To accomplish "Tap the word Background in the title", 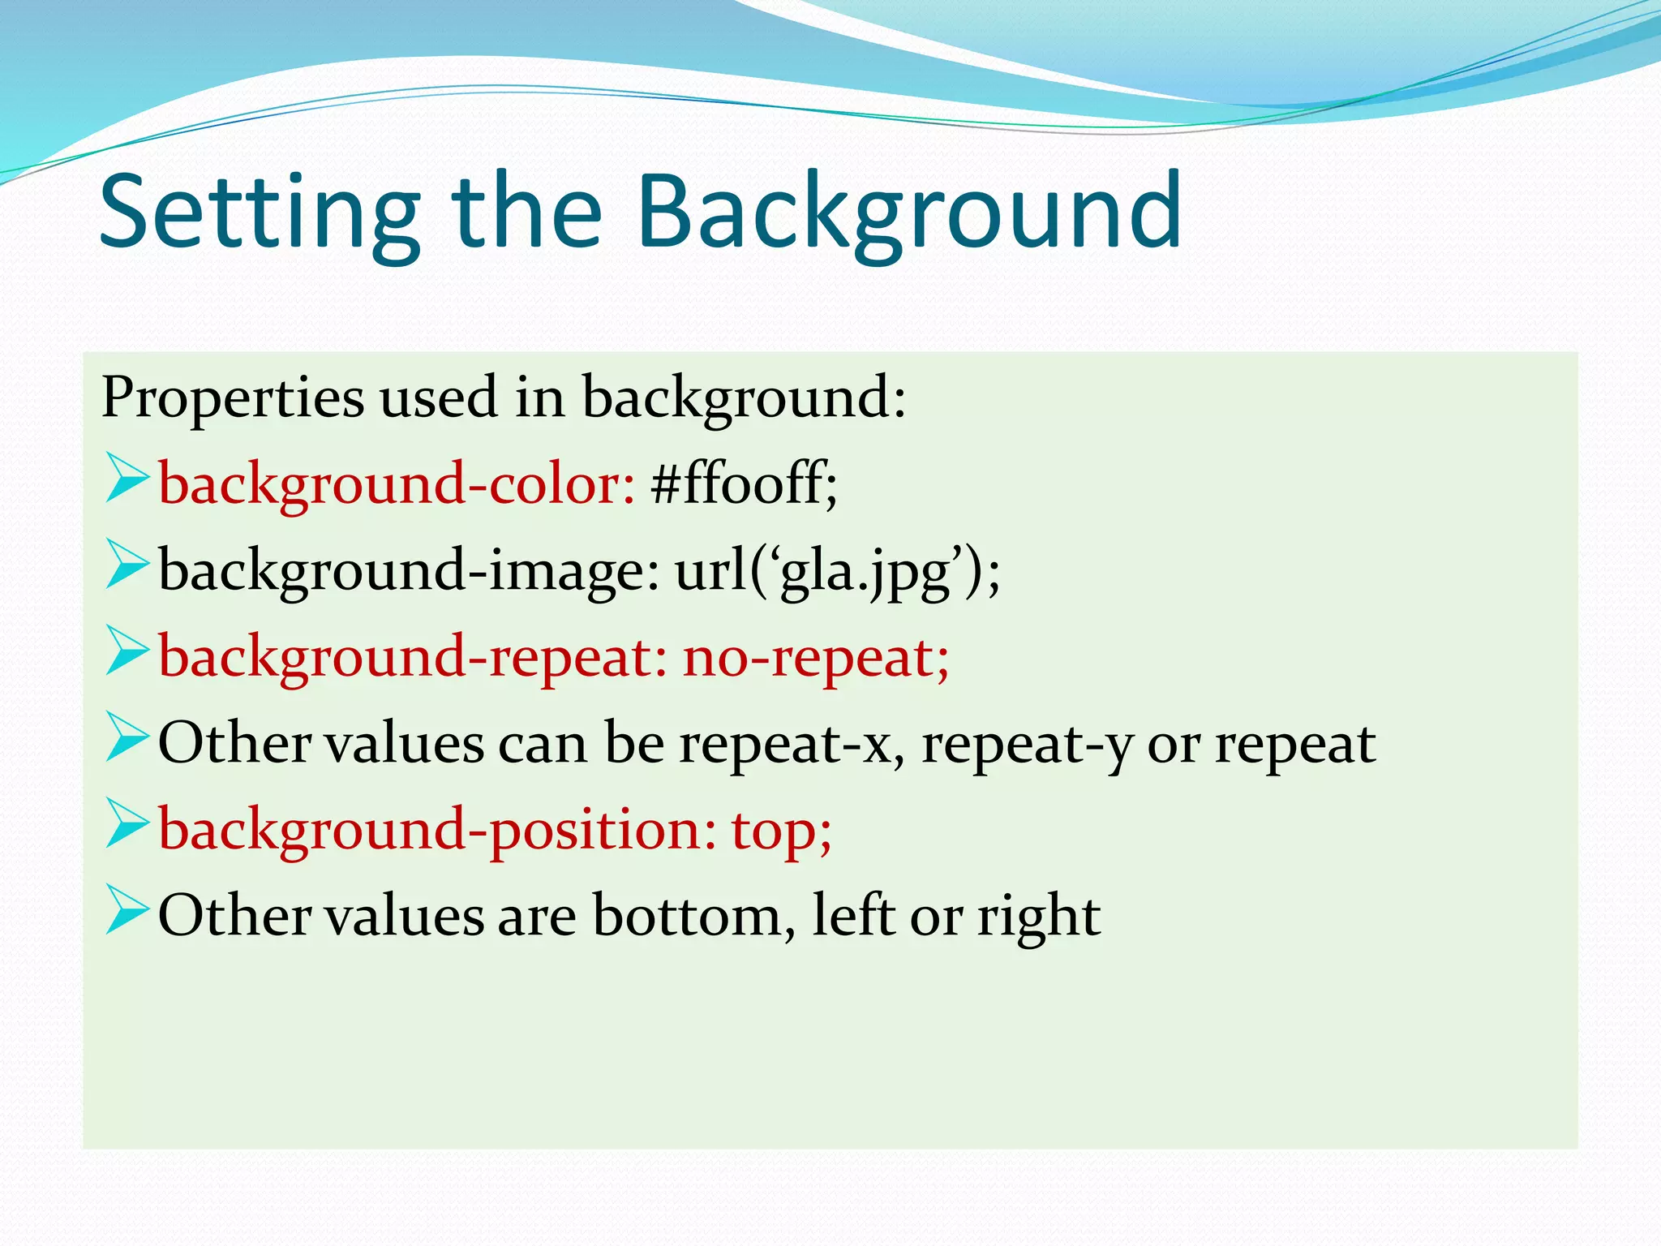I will (908, 213).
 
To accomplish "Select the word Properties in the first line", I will (233, 398).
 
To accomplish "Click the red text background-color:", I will (396, 485).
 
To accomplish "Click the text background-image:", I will (409, 571).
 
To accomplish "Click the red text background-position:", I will (437, 831).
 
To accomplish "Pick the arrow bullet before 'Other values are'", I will (127, 910).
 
